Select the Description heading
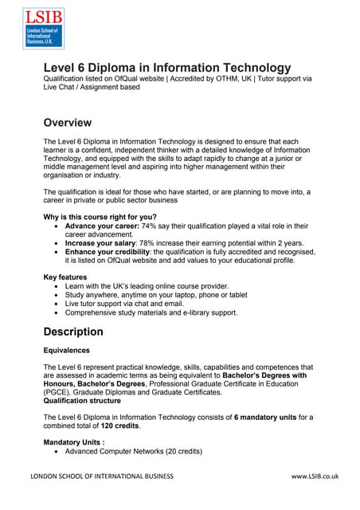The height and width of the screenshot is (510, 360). tap(73, 331)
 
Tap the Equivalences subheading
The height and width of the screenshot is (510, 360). tap(66, 350)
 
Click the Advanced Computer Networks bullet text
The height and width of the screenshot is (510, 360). tap(134, 452)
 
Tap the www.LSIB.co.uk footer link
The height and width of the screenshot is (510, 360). tap(315, 476)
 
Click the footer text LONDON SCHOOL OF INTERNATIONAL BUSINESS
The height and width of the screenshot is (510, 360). tap(102, 476)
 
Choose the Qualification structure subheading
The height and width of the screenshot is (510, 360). tap(88, 402)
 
